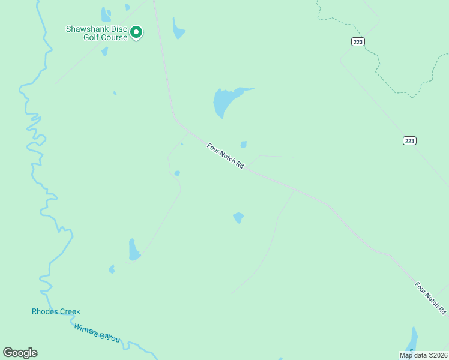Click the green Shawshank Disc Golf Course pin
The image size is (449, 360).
[136, 32]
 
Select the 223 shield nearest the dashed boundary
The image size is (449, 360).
[358, 41]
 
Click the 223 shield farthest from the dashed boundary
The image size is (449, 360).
[409, 140]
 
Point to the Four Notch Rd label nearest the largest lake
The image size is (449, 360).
[226, 155]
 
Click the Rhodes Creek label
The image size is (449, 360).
[56, 311]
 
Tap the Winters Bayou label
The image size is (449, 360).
[97, 333]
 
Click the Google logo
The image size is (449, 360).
[20, 353]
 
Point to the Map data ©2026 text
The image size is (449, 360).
[424, 355]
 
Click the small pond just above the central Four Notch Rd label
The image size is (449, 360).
[243, 145]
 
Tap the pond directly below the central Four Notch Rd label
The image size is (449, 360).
[238, 217]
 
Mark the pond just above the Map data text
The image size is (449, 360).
[412, 339]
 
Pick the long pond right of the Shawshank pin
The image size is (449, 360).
[178, 29]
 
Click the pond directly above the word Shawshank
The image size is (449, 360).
[106, 14]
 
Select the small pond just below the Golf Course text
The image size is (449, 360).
[105, 52]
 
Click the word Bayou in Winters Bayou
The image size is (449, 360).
[110, 337]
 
